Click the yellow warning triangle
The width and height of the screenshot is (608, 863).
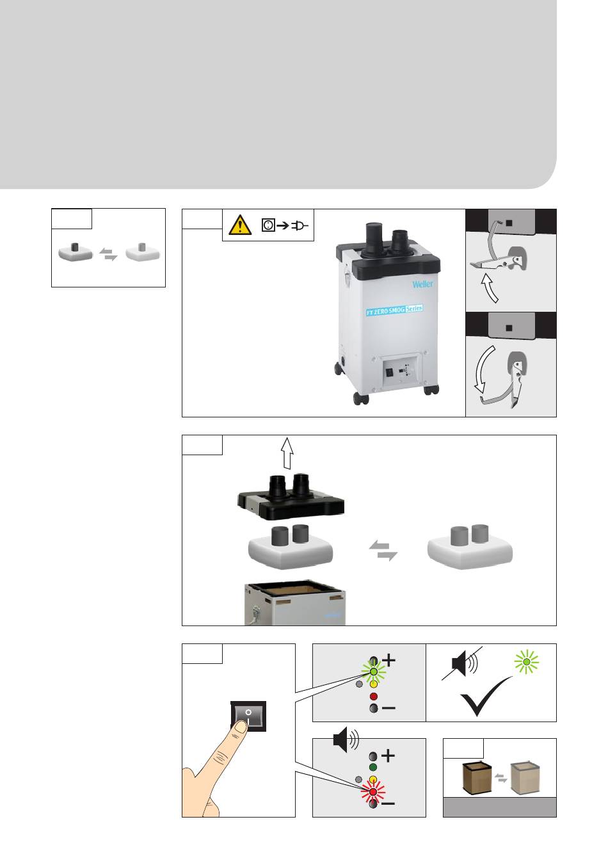240,225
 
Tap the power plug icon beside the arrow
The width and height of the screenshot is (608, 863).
300,225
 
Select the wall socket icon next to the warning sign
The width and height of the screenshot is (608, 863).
268,225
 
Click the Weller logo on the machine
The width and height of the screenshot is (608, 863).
422,284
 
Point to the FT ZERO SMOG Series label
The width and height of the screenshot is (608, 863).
394,310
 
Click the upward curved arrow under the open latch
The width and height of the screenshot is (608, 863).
490,288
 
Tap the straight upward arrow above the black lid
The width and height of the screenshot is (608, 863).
287,453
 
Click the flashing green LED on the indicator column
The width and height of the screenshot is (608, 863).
373,672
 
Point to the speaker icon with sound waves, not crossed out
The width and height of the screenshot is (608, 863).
346,739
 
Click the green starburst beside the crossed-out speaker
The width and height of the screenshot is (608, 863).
526,661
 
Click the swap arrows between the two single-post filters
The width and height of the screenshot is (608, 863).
108,255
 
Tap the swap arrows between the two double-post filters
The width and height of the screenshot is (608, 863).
383,551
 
